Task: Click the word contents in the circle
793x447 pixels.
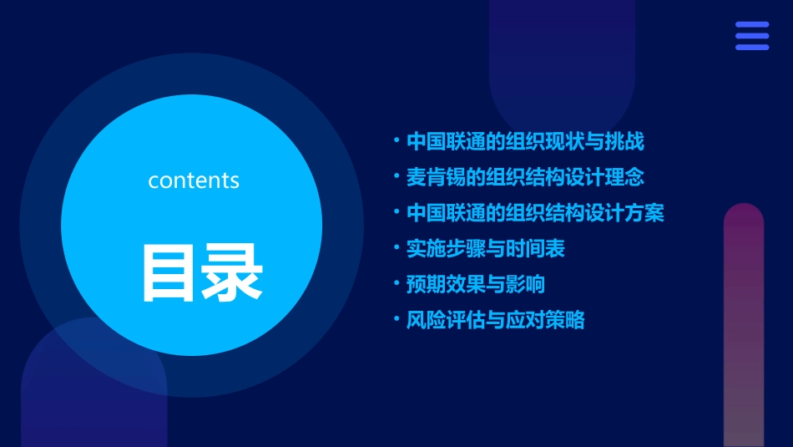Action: (194, 180)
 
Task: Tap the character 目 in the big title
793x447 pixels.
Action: (169, 273)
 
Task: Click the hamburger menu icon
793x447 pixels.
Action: (752, 36)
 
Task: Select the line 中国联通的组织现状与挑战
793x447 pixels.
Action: (525, 141)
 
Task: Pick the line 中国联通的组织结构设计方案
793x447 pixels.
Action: (535, 213)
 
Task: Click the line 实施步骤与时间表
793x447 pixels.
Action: (486, 248)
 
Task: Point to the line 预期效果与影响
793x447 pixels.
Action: (476, 284)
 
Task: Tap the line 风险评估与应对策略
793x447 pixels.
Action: (496, 320)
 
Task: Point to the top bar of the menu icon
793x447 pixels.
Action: (752, 25)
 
